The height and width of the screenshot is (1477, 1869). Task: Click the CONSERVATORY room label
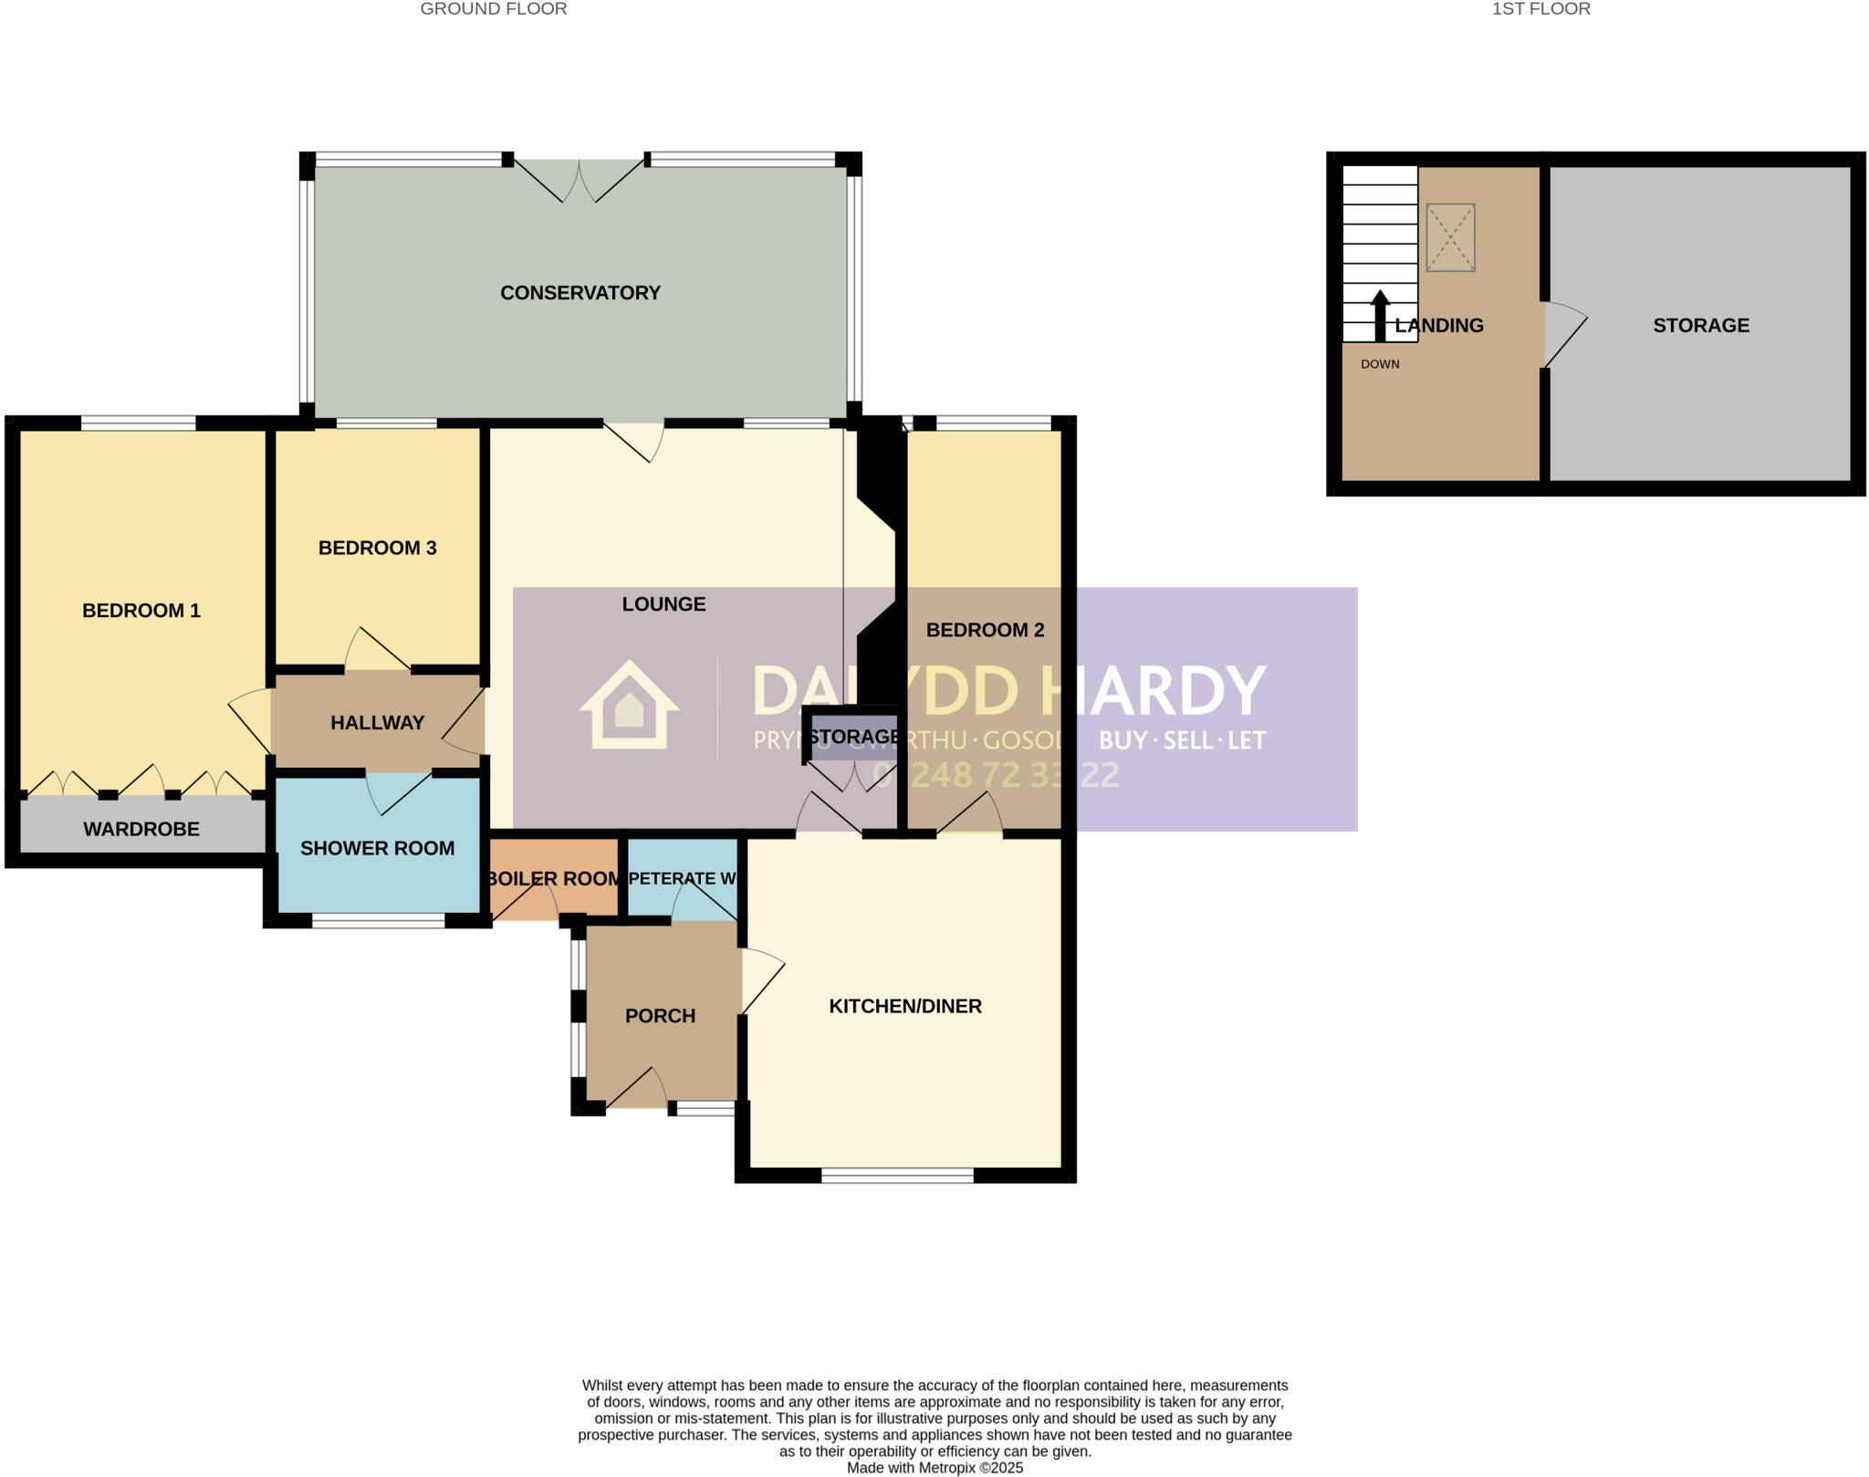pos(580,293)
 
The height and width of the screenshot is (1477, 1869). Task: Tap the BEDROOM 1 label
pos(141,611)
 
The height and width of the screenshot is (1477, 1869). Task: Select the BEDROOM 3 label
pos(377,548)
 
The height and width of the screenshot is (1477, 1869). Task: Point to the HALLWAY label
pos(377,723)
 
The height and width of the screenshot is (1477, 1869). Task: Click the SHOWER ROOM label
pos(377,848)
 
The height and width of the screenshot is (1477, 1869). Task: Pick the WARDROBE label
pos(141,829)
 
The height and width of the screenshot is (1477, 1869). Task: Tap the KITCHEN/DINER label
pos(904,1006)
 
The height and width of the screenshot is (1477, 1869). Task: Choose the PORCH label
pos(660,1016)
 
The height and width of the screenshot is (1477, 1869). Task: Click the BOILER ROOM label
pos(554,879)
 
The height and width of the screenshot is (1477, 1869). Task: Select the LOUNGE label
pos(663,604)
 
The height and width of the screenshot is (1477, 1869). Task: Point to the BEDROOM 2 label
pos(985,630)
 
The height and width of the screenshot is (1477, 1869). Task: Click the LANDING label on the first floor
pos(1439,325)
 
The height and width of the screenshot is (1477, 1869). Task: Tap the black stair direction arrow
pos(1380,315)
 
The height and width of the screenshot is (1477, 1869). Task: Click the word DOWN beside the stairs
pos(1380,364)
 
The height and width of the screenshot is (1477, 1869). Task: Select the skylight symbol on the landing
pos(1450,237)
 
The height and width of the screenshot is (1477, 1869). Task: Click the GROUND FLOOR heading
pos(494,9)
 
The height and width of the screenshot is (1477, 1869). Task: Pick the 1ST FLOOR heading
pos(1540,9)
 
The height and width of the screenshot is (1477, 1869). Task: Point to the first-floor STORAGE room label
pos(1701,325)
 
